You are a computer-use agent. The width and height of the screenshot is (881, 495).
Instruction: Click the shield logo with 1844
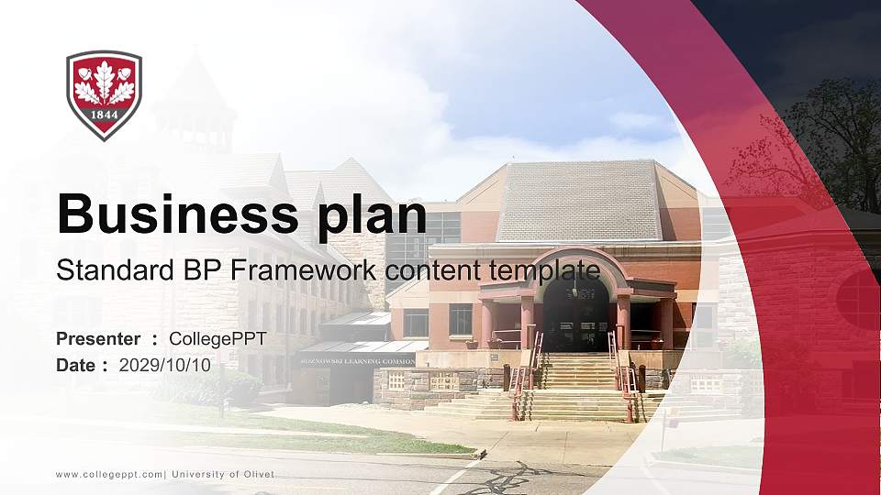tap(104, 94)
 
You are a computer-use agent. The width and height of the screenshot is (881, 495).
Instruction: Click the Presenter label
tap(98, 339)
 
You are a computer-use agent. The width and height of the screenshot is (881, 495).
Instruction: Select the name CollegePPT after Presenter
tap(217, 339)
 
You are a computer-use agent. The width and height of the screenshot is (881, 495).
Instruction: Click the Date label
tap(77, 365)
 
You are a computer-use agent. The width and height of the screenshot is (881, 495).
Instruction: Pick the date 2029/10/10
tap(165, 365)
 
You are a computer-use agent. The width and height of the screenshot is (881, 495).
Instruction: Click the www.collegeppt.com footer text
tap(110, 474)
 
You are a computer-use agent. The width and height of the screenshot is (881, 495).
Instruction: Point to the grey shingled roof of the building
tap(578, 200)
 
